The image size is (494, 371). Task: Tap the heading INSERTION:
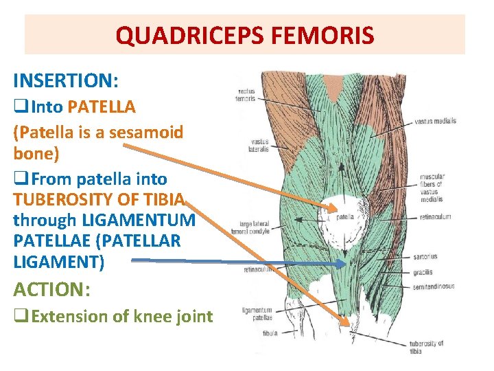(x=66, y=80)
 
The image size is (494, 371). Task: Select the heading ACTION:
(x=51, y=290)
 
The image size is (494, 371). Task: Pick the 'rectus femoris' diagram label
(x=246, y=95)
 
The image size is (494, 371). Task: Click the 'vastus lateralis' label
(x=259, y=145)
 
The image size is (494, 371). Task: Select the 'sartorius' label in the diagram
(x=425, y=257)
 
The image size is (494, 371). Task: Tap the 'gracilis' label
(x=423, y=272)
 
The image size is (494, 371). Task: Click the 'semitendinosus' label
(x=434, y=286)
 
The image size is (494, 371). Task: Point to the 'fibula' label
(x=270, y=333)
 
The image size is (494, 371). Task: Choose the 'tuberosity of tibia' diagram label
(x=426, y=347)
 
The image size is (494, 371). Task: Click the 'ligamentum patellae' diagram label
(x=257, y=314)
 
